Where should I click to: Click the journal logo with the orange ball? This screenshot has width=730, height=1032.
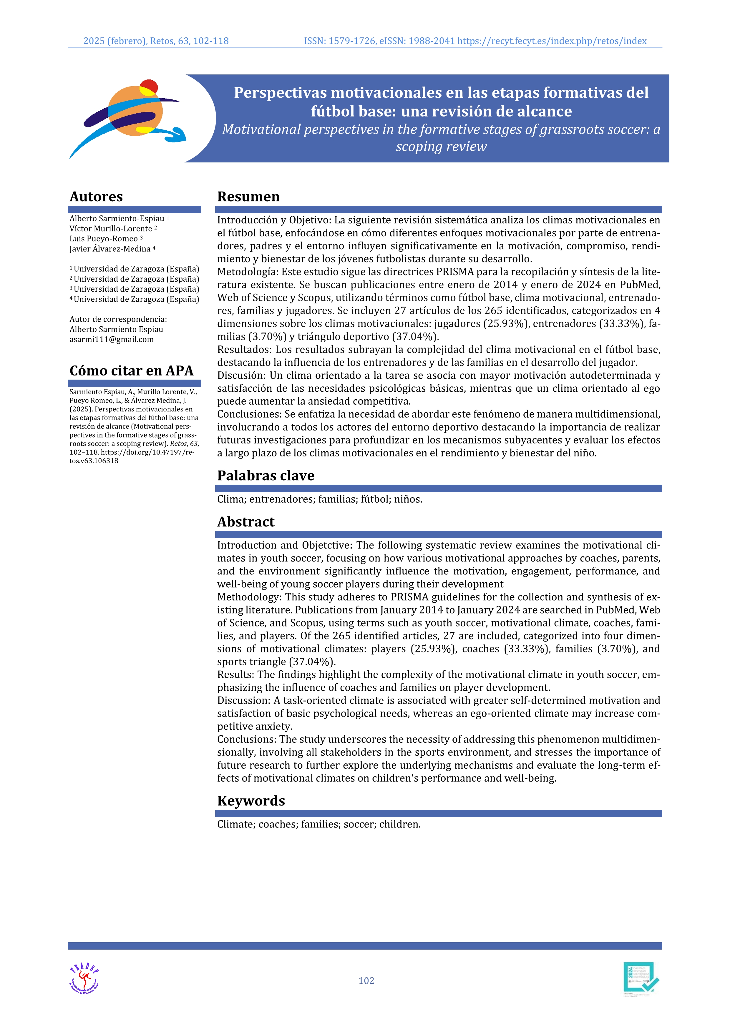pyautogui.click(x=128, y=118)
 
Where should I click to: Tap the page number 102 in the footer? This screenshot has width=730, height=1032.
pyautogui.click(x=366, y=980)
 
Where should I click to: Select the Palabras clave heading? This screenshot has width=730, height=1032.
pyautogui.click(x=266, y=476)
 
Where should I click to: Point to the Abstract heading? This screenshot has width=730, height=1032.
pyautogui.click(x=245, y=522)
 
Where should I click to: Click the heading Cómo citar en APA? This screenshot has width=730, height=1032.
pyautogui.click(x=131, y=370)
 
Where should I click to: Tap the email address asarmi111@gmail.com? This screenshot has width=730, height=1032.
pyautogui.click(x=112, y=339)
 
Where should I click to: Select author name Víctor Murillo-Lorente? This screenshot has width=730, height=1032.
pyautogui.click(x=111, y=229)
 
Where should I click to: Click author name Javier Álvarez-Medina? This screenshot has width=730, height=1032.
pyautogui.click(x=110, y=249)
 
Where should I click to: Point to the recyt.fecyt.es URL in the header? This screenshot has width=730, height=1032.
pyautogui.click(x=552, y=41)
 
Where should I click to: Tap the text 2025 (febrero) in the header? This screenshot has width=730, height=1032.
pyautogui.click(x=115, y=41)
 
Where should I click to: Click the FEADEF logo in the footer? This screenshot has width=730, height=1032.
pyautogui.click(x=84, y=978)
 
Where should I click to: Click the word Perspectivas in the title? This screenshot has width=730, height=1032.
pyautogui.click(x=276, y=93)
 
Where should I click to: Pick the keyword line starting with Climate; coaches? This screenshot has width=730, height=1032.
pyautogui.click(x=319, y=824)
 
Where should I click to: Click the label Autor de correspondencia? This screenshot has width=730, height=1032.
pyautogui.click(x=118, y=319)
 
